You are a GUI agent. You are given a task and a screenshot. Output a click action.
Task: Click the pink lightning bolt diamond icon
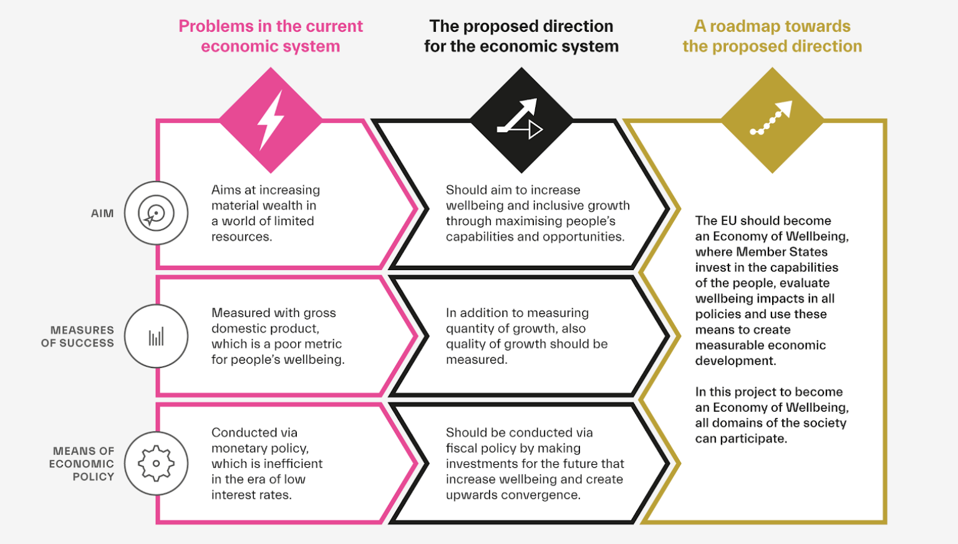[271, 120]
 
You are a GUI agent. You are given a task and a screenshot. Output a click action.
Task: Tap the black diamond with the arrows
[521, 120]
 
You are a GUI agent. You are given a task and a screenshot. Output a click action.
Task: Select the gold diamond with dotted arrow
[772, 120]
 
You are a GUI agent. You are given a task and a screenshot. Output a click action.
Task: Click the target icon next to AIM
[156, 213]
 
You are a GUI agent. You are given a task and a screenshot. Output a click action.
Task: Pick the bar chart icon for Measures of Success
[156, 337]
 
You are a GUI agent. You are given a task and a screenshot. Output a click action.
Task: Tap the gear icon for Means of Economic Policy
[156, 464]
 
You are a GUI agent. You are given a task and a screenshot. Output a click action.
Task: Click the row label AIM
[102, 213]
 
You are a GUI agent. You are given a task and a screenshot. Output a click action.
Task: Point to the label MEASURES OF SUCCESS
[78, 336]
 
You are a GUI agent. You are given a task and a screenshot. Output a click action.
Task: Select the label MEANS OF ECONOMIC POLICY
[82, 464]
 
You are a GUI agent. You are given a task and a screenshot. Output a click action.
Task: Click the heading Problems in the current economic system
[271, 36]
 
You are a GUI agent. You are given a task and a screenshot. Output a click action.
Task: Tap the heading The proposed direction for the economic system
[521, 36]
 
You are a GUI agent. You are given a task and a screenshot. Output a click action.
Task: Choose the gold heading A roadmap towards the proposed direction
[772, 36]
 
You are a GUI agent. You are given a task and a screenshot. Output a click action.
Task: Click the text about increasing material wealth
[266, 213]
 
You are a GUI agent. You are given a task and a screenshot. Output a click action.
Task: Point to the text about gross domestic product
[278, 336]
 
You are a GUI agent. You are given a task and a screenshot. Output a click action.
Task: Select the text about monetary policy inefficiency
[267, 464]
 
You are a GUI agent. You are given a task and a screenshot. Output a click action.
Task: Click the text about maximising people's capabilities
[537, 213]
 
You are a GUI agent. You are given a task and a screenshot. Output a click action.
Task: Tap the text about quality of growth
[526, 336]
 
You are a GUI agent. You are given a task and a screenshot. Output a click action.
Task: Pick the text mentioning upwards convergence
[535, 464]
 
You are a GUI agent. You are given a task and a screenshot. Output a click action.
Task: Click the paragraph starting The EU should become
[772, 291]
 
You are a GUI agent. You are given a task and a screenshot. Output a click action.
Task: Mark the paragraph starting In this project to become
[772, 415]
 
